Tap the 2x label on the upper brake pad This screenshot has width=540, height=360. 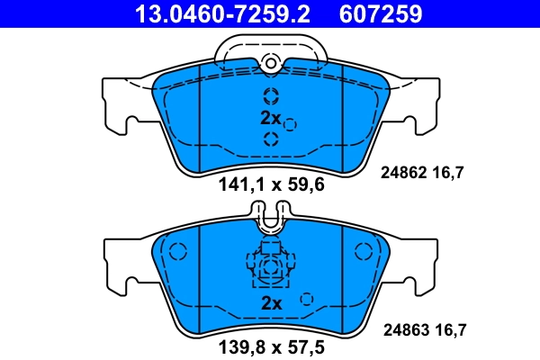click(270, 118)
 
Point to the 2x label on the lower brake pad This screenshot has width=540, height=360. click(270, 303)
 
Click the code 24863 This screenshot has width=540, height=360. click(404, 330)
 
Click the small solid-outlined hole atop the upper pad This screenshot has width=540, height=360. click(270, 62)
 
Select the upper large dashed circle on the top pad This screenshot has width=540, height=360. click(271, 97)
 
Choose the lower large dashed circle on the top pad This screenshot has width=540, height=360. click(271, 138)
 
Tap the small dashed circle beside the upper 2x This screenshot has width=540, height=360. click(290, 124)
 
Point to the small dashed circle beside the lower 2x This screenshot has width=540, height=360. click(306, 300)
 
